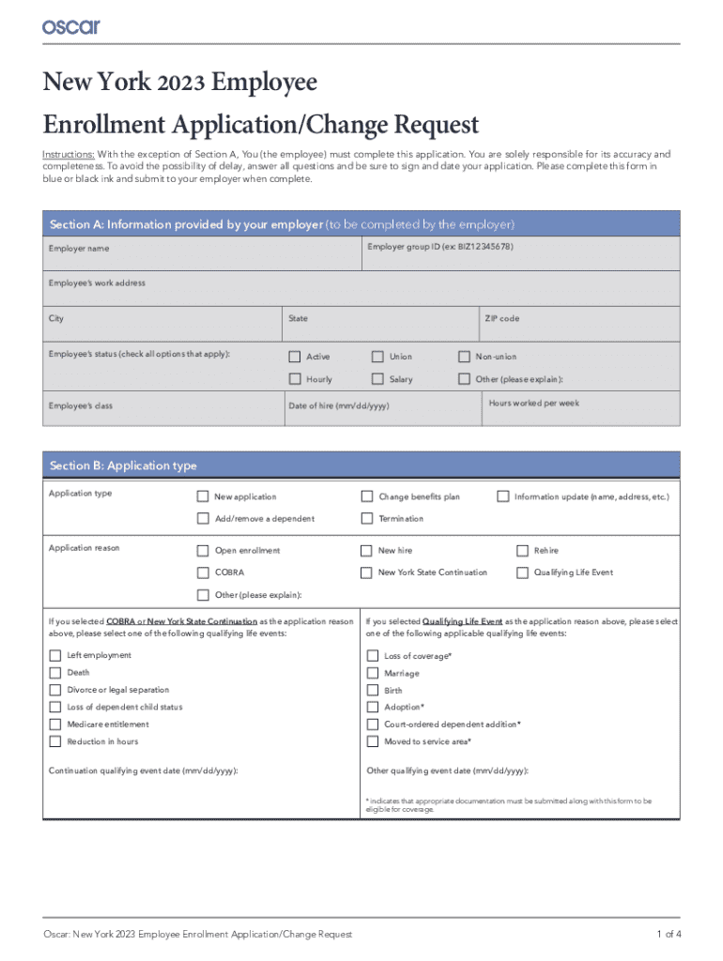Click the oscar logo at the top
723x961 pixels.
tap(70, 26)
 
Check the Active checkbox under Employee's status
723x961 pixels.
tap(294, 357)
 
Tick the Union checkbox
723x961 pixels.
tap(377, 357)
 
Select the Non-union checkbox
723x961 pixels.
tap(464, 357)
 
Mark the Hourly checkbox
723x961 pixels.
tap(294, 379)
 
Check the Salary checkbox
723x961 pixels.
tap(377, 379)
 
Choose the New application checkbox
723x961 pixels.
tap(203, 496)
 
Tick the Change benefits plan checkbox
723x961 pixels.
tap(367, 496)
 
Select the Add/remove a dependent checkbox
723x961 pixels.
tap(203, 518)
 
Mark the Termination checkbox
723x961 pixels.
tap(367, 518)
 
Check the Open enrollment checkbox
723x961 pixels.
tap(203, 551)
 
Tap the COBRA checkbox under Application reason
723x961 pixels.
tap(203, 572)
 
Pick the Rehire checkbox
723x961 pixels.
tap(523, 551)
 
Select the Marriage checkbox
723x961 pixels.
tap(373, 673)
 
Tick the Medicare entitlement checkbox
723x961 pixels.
tap(54, 725)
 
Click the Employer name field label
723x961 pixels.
tap(79, 249)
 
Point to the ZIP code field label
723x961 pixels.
tap(501, 319)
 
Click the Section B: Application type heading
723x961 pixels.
tap(123, 465)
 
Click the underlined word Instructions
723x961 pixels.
tap(67, 154)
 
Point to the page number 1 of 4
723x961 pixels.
tap(669, 934)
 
